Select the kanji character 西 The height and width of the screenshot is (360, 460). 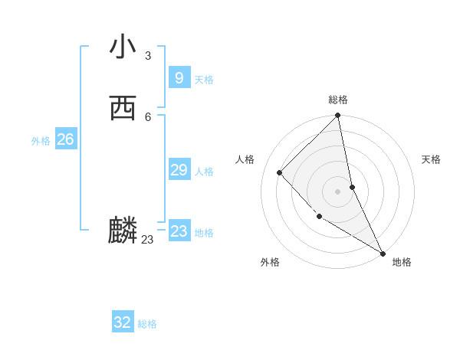tap(123, 109)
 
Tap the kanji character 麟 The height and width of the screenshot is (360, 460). tap(123, 231)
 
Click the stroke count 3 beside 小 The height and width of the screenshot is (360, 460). tap(148, 56)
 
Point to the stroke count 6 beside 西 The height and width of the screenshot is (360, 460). tap(148, 117)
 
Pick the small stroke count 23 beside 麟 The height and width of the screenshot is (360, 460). tap(148, 240)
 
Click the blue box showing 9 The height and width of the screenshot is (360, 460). tap(179, 77)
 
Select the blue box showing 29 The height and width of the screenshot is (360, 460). tap(179, 169)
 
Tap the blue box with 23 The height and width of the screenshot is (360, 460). tap(179, 231)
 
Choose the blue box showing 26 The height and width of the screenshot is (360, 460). tap(65, 139)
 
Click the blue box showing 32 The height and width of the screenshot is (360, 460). tap(123, 322)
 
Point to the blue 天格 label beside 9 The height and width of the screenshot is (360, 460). tap(204, 80)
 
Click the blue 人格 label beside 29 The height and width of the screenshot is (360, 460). tap(204, 172)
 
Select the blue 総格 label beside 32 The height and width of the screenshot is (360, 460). tap(147, 325)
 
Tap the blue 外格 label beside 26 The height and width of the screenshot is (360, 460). tap(41, 141)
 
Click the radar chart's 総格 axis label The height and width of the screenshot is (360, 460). tap(338, 100)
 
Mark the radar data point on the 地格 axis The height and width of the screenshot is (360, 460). tap(382, 253)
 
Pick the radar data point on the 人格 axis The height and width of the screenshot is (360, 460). tap(280, 172)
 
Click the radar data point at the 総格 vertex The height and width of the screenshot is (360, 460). tap(338, 116)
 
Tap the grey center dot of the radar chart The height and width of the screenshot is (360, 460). tap(338, 191)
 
